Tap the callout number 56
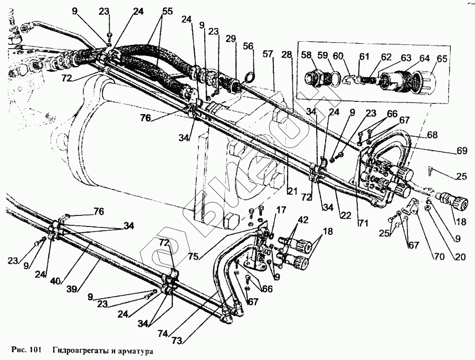[248, 46]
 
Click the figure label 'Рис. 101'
[25, 350]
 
